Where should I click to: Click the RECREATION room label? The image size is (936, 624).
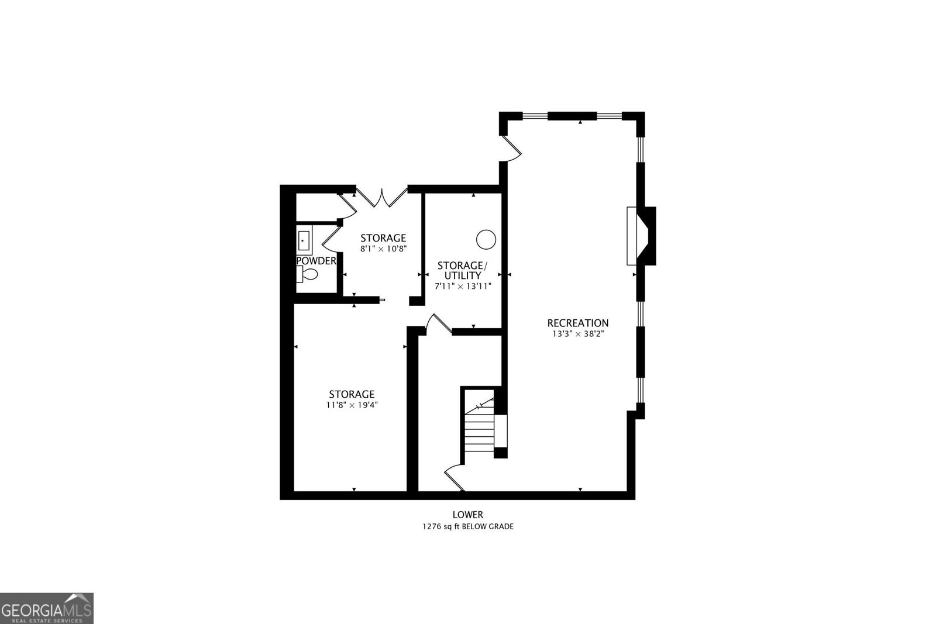[577, 323]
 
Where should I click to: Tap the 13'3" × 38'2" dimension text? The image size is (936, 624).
[577, 334]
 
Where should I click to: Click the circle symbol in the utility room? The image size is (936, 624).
[486, 239]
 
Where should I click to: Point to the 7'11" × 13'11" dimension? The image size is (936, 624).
[462, 287]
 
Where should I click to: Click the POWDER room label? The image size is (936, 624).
[316, 261]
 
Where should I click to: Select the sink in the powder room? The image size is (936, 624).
[304, 240]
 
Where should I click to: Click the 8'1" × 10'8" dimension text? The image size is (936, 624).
[383, 249]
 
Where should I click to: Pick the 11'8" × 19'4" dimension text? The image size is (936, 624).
[352, 405]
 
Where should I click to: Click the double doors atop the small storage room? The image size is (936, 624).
[383, 198]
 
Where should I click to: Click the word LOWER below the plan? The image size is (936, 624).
[467, 515]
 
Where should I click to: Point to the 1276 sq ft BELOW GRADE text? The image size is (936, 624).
[467, 526]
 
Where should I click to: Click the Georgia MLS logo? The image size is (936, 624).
[46, 608]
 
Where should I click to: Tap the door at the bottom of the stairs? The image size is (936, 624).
[455, 477]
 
